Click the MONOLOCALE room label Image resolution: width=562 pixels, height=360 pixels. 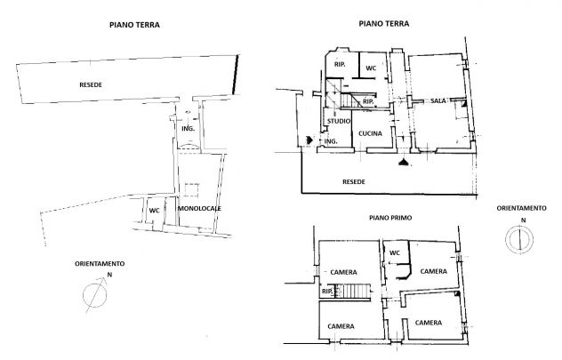[200, 209]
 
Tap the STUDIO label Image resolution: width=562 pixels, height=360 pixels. [339, 121]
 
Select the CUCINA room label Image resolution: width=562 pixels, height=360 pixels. [370, 133]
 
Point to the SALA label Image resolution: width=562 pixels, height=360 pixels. [438, 101]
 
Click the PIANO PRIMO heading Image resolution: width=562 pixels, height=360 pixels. [390, 218]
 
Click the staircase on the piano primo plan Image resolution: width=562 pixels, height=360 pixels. [352, 291]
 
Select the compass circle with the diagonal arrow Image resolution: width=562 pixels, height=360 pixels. [95, 295]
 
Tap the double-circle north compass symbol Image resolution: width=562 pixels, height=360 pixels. [519, 239]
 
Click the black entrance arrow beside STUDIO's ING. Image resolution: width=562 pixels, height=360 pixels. [309, 140]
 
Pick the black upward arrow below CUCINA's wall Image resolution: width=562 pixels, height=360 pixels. [405, 163]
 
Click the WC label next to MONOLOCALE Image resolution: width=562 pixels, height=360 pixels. [154, 211]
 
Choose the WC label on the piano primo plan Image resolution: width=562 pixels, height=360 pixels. [395, 253]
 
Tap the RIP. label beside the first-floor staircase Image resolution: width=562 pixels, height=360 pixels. [327, 292]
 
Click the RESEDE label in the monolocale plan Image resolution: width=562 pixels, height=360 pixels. [91, 85]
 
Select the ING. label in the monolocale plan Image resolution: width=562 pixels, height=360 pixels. [189, 129]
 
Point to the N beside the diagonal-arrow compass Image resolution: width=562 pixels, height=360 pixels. [109, 275]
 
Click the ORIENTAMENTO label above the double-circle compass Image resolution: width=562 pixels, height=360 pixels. [521, 208]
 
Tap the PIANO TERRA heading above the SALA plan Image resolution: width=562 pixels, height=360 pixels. [384, 24]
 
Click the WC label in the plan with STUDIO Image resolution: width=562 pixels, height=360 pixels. [371, 68]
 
